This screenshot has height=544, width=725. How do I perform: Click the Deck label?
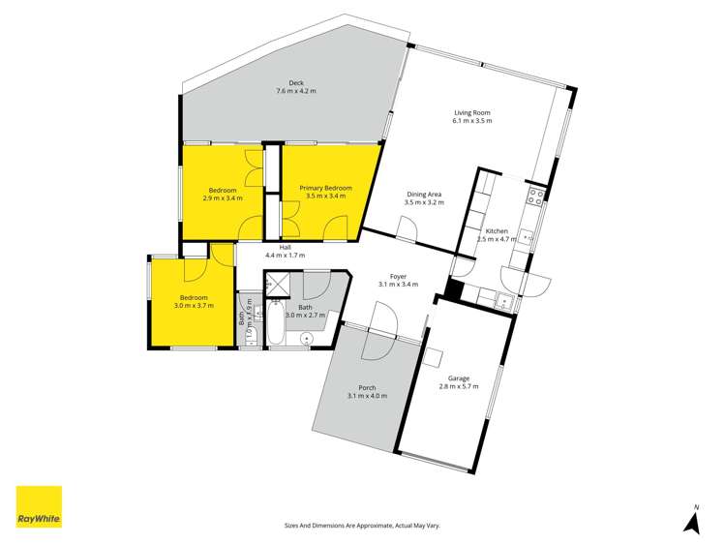296,82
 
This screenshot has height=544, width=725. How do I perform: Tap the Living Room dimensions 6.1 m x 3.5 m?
471,121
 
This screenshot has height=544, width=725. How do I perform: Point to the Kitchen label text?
496,230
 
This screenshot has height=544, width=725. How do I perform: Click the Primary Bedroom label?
324,188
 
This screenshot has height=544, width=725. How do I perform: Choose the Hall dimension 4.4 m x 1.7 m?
285,256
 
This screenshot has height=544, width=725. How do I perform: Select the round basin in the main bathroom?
306,339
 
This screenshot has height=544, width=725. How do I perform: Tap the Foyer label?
397,275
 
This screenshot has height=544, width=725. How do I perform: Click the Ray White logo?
39,506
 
